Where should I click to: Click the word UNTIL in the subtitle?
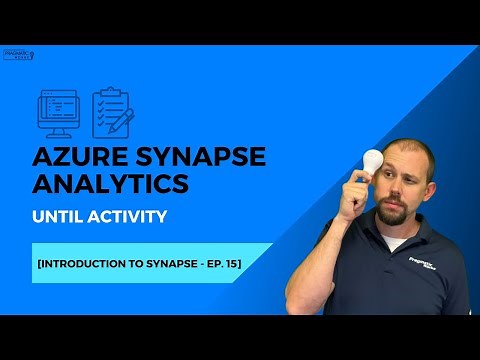pyautogui.click(x=65, y=216)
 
